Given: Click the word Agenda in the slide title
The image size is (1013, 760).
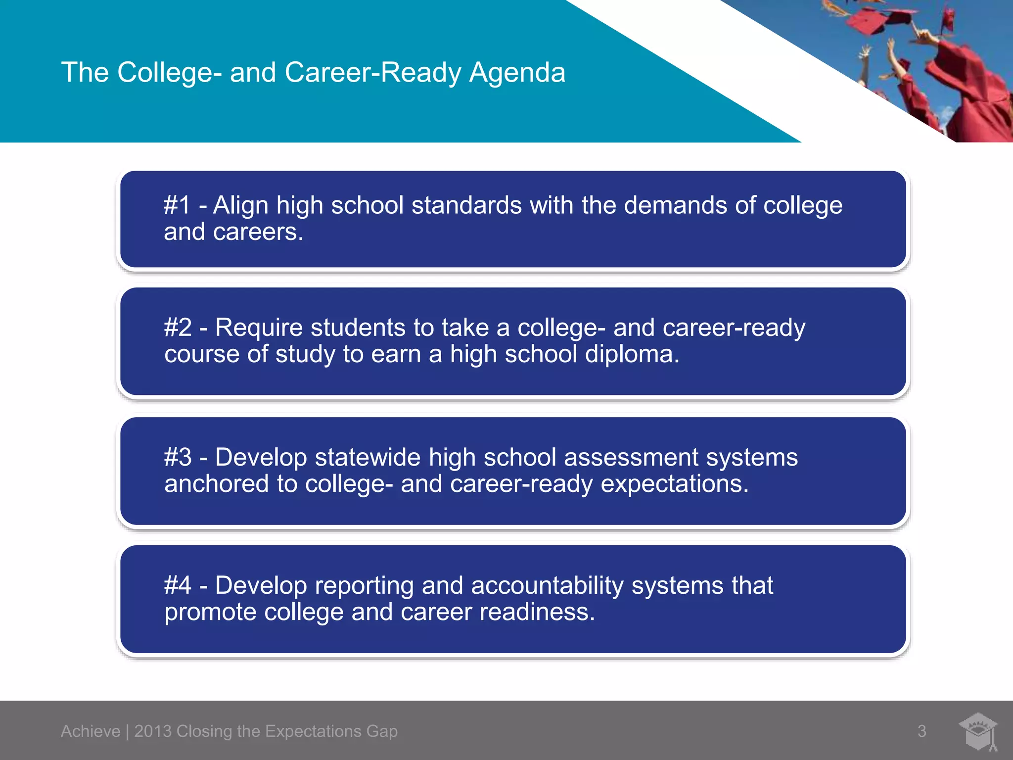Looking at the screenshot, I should coord(517,73).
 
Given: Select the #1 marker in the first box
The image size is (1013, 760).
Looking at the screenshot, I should coord(177,205).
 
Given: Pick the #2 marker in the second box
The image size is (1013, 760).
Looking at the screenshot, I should coord(178,328).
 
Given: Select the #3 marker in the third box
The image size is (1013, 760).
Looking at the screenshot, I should coord(178,457).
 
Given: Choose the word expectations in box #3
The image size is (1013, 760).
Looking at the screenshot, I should coord(674,484).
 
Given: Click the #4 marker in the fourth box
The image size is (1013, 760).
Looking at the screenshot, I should coord(178,585).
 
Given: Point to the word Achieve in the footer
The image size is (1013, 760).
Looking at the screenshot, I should coord(91,731).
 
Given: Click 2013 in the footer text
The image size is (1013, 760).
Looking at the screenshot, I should coord(152,731).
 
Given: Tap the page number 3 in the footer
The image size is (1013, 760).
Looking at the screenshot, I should coord(922,731).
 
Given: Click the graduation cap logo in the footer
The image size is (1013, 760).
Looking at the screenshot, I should coord(978,731).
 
